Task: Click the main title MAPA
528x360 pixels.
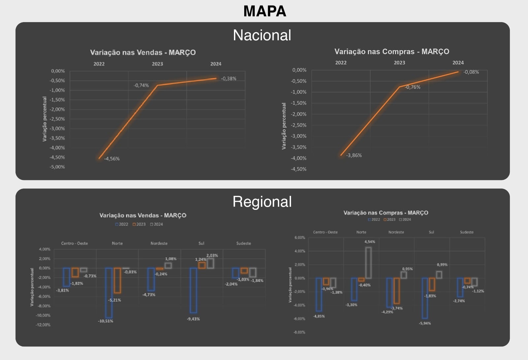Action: [x=265, y=11]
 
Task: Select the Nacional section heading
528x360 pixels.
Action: [x=262, y=35]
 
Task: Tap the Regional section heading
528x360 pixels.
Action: [x=262, y=201]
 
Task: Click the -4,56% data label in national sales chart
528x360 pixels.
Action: [x=112, y=159]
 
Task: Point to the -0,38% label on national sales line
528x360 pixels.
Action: [x=229, y=79]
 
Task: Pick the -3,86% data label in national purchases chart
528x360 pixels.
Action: [x=354, y=155]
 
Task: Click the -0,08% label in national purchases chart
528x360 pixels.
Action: [x=471, y=72]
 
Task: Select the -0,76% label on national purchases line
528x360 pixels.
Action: [x=412, y=87]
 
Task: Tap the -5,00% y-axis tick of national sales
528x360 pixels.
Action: [x=57, y=167]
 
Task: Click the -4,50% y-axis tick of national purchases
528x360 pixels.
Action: [x=298, y=169]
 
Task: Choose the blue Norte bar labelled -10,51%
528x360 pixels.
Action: [x=109, y=293]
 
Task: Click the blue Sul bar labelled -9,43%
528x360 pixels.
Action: [x=193, y=290]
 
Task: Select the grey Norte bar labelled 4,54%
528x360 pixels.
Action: [x=368, y=263]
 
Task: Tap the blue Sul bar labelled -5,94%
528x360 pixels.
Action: [x=425, y=298]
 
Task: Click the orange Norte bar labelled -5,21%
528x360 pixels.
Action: [x=117, y=280]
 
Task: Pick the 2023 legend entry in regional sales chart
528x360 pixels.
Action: [x=139, y=224]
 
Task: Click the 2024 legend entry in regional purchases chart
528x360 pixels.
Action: [x=405, y=220]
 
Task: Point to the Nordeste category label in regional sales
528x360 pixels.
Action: [x=159, y=243]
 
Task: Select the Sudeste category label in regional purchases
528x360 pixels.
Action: [x=467, y=232]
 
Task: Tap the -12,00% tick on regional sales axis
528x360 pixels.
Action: [x=43, y=325]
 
